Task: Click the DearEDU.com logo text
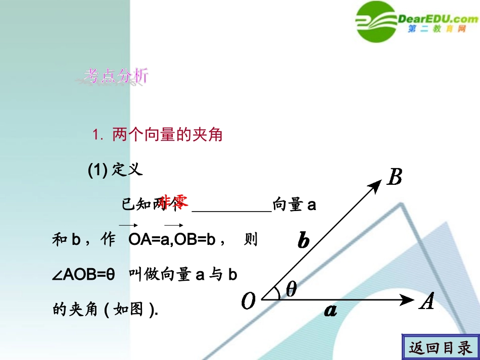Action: [438, 19]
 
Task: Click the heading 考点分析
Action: [116, 76]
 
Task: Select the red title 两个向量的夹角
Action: [167, 135]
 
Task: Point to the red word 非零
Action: [175, 201]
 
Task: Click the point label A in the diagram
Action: [427, 301]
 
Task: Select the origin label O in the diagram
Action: [249, 302]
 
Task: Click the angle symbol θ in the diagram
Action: [292, 289]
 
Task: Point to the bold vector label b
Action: [303, 241]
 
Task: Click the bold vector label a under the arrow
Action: [330, 311]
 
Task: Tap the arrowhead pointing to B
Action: [376, 185]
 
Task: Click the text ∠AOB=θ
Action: [84, 275]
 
